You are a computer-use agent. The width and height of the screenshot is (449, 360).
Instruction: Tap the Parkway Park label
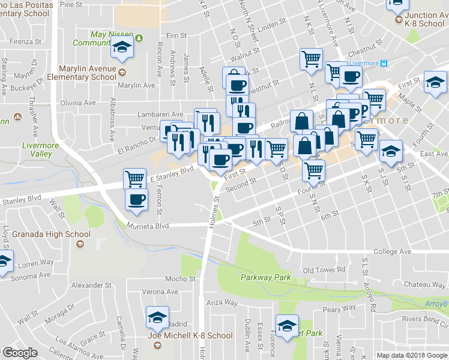[265, 277]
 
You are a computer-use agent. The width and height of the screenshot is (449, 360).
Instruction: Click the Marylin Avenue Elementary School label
[88, 73]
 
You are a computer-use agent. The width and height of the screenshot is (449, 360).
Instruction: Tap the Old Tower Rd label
[325, 270]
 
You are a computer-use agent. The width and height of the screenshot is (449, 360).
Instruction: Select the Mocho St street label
[181, 279]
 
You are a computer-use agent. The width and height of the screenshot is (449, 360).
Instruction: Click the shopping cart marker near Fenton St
[134, 178]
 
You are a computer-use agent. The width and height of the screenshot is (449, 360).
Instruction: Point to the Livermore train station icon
[384, 63]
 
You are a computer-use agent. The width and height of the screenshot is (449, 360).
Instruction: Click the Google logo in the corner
[20, 353]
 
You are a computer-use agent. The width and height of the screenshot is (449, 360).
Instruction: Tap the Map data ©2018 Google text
[411, 355]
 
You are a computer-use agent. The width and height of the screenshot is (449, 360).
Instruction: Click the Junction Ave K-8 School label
[424, 19]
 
